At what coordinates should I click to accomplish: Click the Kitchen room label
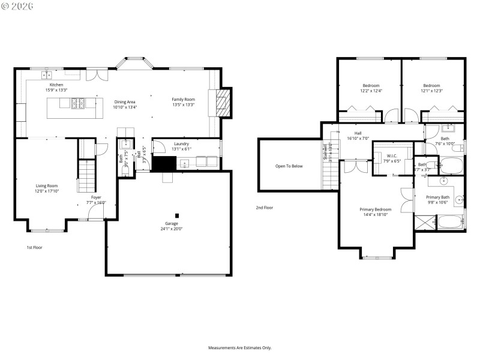[x=56, y=85]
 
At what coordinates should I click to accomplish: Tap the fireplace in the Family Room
[x=222, y=106]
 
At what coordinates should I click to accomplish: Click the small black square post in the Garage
[x=176, y=216]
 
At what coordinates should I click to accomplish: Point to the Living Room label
[x=47, y=186]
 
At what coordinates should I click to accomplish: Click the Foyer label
[x=96, y=197]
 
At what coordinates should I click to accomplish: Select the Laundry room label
[x=181, y=144]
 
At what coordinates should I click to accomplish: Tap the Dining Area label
[x=125, y=101]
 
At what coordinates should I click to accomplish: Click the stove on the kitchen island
[x=78, y=104]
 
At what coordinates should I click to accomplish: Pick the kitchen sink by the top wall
[x=46, y=75]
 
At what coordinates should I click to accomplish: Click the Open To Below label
[x=289, y=166]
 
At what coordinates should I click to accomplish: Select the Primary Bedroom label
[x=375, y=209]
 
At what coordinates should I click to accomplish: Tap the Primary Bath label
[x=437, y=197]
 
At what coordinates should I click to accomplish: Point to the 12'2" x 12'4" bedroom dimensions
[x=371, y=91]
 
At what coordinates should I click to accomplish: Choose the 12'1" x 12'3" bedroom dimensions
[x=431, y=91]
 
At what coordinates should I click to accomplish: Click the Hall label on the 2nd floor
[x=358, y=133]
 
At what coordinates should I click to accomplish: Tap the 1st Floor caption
[x=34, y=247]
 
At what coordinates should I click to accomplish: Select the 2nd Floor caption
[x=264, y=208]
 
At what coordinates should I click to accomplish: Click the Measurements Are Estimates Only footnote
[x=240, y=347]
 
